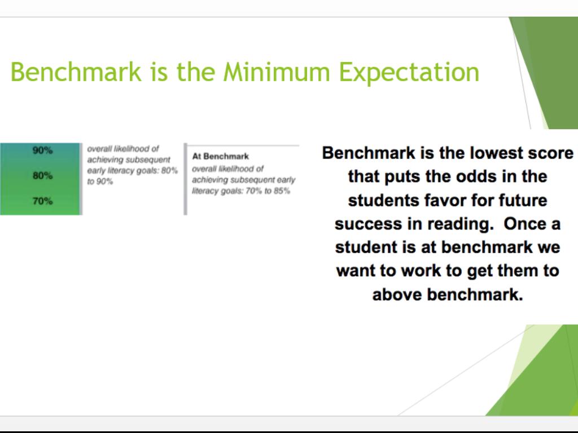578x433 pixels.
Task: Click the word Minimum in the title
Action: [277, 72]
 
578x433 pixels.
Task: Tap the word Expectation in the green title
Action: [409, 73]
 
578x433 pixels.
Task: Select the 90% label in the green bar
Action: [43, 150]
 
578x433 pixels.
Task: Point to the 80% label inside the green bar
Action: [43, 176]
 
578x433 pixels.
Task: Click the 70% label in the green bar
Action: [43, 201]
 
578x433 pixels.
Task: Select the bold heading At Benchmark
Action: [221, 157]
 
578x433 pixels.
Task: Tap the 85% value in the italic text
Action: [282, 191]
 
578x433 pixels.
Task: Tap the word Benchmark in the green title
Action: [76, 72]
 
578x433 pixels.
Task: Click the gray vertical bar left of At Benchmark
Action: [185, 179]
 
